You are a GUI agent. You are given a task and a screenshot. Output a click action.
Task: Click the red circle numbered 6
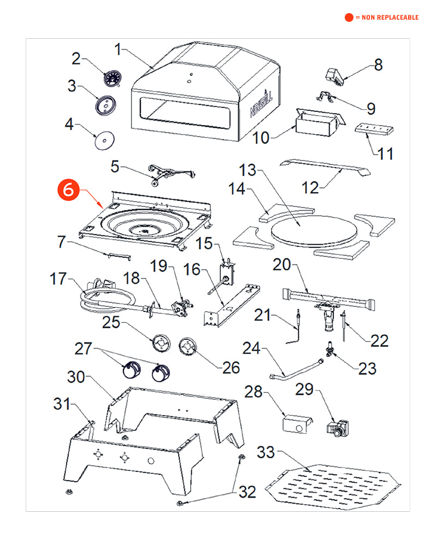[x=67, y=190]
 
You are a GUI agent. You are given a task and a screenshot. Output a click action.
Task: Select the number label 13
[x=248, y=170]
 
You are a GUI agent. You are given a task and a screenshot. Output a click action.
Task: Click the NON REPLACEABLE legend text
[x=387, y=17]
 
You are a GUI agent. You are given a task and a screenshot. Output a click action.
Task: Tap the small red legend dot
[x=349, y=17]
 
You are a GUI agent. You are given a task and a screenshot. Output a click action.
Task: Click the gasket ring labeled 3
[x=105, y=105]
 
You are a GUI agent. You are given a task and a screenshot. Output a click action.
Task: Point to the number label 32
[x=247, y=492]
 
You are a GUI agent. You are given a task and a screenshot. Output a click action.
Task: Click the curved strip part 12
[x=326, y=168]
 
